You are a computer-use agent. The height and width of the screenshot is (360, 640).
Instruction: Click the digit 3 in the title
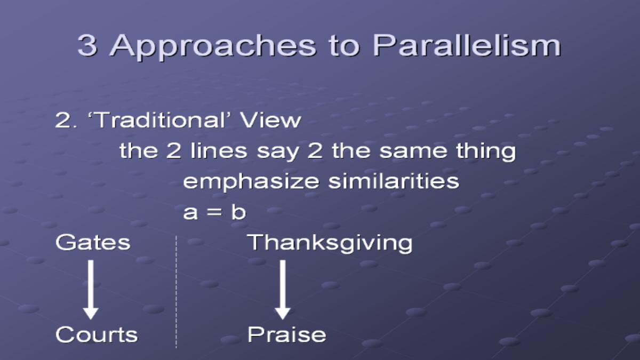click(x=87, y=45)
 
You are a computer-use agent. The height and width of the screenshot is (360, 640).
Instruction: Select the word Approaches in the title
click(x=213, y=47)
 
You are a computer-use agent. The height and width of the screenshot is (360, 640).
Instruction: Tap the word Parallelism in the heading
click(x=467, y=45)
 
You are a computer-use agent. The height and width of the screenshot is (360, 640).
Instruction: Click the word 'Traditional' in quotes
click(x=159, y=119)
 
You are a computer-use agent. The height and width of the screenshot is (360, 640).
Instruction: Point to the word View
click(x=270, y=120)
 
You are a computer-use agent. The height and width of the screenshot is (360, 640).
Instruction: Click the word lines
click(x=219, y=150)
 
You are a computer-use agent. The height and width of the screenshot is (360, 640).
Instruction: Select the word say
click(x=278, y=153)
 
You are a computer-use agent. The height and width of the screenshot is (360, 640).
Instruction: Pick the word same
click(x=413, y=151)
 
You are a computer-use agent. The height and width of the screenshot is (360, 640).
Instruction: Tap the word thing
click(x=486, y=151)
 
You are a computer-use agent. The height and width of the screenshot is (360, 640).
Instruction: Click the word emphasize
click(x=251, y=182)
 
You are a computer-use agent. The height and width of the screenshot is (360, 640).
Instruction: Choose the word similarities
click(x=394, y=181)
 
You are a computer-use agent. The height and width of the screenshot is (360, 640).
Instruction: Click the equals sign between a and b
click(x=214, y=212)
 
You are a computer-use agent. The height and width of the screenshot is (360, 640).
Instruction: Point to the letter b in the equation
click(x=238, y=212)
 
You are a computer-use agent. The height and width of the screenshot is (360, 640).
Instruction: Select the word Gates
click(x=93, y=243)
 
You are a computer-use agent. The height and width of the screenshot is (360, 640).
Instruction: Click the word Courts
click(x=97, y=334)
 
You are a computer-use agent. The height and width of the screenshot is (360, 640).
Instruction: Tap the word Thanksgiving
click(x=330, y=243)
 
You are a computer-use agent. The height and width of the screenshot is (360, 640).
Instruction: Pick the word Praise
click(x=286, y=334)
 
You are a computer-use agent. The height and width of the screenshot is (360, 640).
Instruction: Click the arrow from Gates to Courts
click(x=91, y=290)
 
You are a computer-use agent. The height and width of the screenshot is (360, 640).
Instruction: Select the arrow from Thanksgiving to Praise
click(x=283, y=290)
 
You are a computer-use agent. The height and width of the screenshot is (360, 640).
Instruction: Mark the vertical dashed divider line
click(x=176, y=292)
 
